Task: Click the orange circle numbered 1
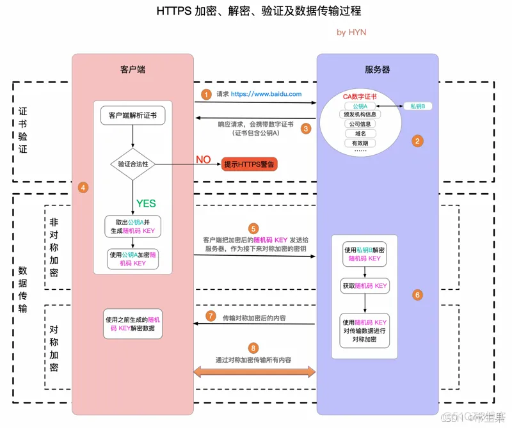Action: (206, 93)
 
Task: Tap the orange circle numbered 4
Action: (83, 187)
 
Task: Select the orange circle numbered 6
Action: (418, 295)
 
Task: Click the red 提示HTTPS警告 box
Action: (250, 164)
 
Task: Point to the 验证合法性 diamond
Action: (133, 164)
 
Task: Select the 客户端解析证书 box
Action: (132, 116)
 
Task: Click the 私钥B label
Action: (418, 106)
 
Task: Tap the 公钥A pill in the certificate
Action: (360, 106)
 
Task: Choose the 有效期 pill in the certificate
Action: (360, 143)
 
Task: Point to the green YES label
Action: (146, 203)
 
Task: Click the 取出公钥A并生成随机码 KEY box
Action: (133, 226)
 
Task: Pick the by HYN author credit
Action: (351, 32)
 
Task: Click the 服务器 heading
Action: (377, 69)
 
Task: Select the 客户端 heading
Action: (132, 69)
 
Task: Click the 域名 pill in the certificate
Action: (360, 134)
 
